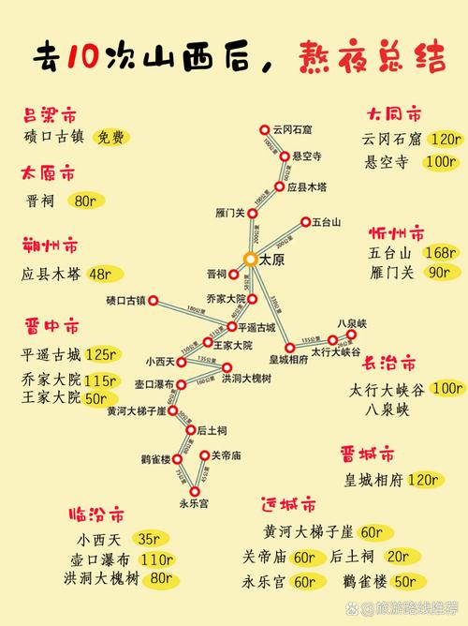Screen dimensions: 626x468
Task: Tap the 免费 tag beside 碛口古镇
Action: click(111, 137)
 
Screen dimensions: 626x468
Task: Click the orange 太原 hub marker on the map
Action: click(250, 258)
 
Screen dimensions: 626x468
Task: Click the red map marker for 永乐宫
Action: click(195, 491)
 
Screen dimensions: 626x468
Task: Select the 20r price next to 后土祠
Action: click(402, 557)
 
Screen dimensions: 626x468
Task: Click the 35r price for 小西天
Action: click(148, 539)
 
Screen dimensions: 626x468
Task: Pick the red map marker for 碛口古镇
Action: click(155, 302)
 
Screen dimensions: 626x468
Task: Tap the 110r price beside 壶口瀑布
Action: click(158, 559)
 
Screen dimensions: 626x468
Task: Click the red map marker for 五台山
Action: click(304, 222)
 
